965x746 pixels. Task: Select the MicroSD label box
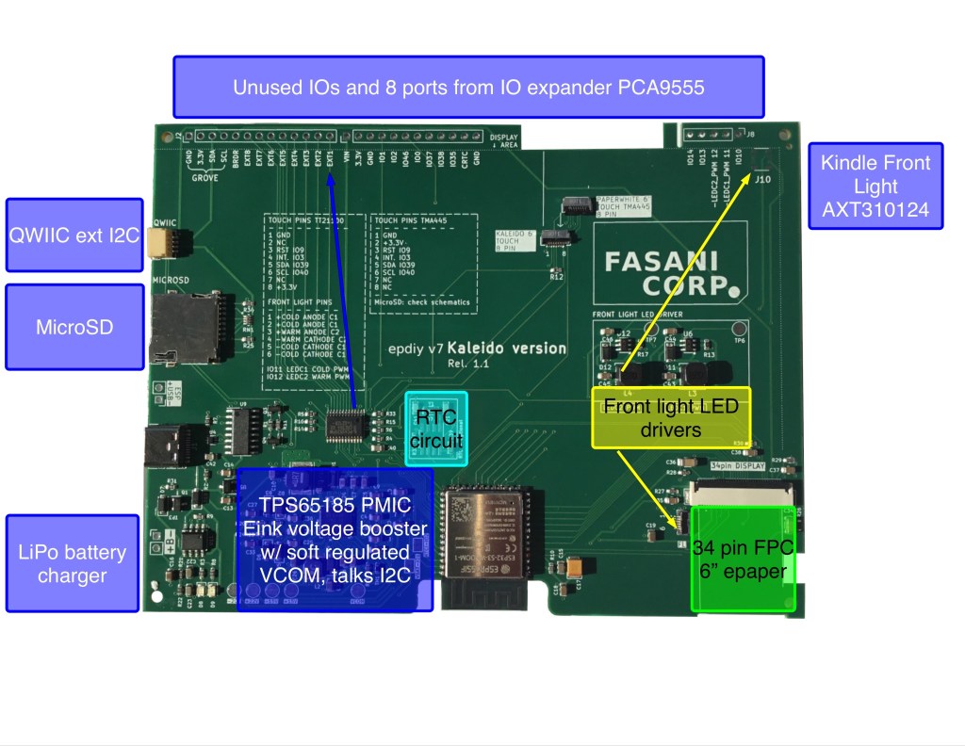74,327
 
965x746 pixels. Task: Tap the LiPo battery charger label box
74,562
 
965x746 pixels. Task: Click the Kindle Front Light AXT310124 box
875,186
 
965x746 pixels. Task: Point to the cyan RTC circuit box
436,428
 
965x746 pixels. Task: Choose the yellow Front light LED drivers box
670,417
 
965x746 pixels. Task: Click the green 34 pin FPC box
743,558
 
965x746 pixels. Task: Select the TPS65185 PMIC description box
335,540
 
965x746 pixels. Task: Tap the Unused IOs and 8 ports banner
468,87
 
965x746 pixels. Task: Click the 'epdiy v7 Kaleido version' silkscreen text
478,349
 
